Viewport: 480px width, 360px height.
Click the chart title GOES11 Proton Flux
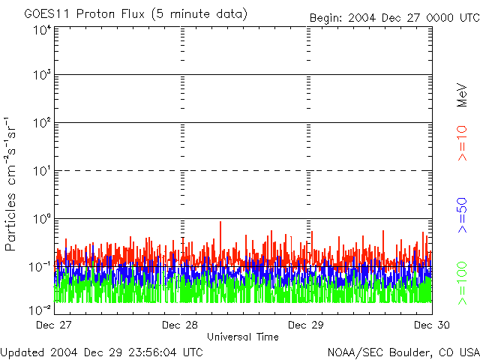(135, 14)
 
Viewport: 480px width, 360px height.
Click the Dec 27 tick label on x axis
(54, 325)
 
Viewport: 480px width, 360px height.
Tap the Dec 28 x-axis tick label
(180, 325)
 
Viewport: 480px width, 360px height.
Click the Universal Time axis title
(242, 337)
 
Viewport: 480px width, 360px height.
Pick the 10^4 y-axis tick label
(42, 30)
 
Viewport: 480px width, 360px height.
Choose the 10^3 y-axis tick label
(42, 76)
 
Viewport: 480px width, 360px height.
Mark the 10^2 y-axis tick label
(42, 124)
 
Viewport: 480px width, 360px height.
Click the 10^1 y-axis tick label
(42, 171)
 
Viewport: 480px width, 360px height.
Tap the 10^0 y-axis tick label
(42, 219)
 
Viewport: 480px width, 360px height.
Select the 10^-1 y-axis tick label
(40, 266)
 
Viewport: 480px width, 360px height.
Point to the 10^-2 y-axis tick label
(40, 309)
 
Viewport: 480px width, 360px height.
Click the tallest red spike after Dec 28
(220, 223)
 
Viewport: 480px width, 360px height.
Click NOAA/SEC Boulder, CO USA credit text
(403, 352)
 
